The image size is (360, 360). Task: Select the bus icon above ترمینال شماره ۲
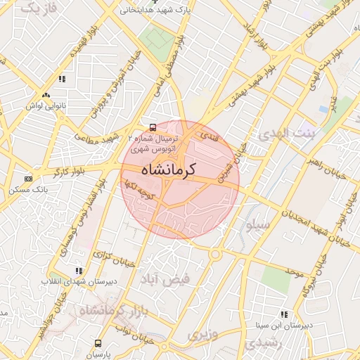click(153, 127)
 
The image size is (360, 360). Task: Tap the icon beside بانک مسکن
click(28, 179)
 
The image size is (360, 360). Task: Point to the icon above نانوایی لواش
click(46, 95)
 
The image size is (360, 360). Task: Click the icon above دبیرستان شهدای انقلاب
click(79, 270)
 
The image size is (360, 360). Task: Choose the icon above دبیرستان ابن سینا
click(284, 314)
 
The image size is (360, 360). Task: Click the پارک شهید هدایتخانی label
click(156, 12)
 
